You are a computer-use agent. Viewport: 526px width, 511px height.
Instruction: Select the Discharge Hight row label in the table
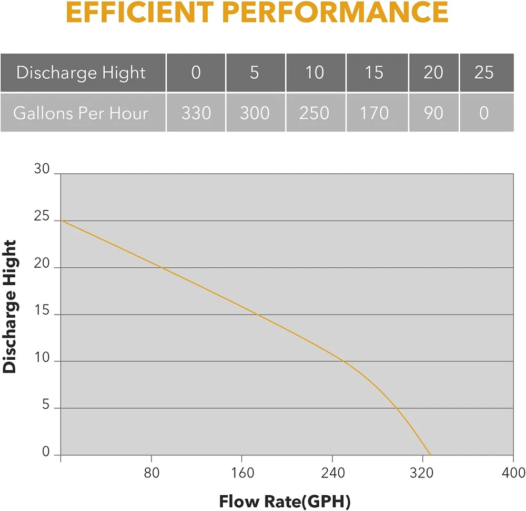coord(81,72)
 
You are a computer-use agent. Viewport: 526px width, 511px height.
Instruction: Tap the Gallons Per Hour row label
coord(81,113)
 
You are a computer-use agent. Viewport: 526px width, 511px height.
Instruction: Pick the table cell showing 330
coord(196,113)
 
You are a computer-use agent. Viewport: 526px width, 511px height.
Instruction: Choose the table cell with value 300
coord(255,113)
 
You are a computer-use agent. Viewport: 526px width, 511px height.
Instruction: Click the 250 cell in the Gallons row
coord(315,113)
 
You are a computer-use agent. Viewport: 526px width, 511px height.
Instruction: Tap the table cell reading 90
coord(433,113)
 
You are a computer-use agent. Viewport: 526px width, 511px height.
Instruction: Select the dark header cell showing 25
coord(484,72)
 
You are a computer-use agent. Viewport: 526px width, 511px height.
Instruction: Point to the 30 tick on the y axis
coord(42,170)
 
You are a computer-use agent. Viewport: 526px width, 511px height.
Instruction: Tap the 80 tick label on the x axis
coord(151,473)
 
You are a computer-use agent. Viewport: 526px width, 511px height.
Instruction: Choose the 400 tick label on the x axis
coord(513,473)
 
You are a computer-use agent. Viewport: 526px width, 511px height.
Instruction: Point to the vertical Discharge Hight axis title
coord(10,307)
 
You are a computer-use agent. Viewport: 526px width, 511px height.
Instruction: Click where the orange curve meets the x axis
coord(430,455)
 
